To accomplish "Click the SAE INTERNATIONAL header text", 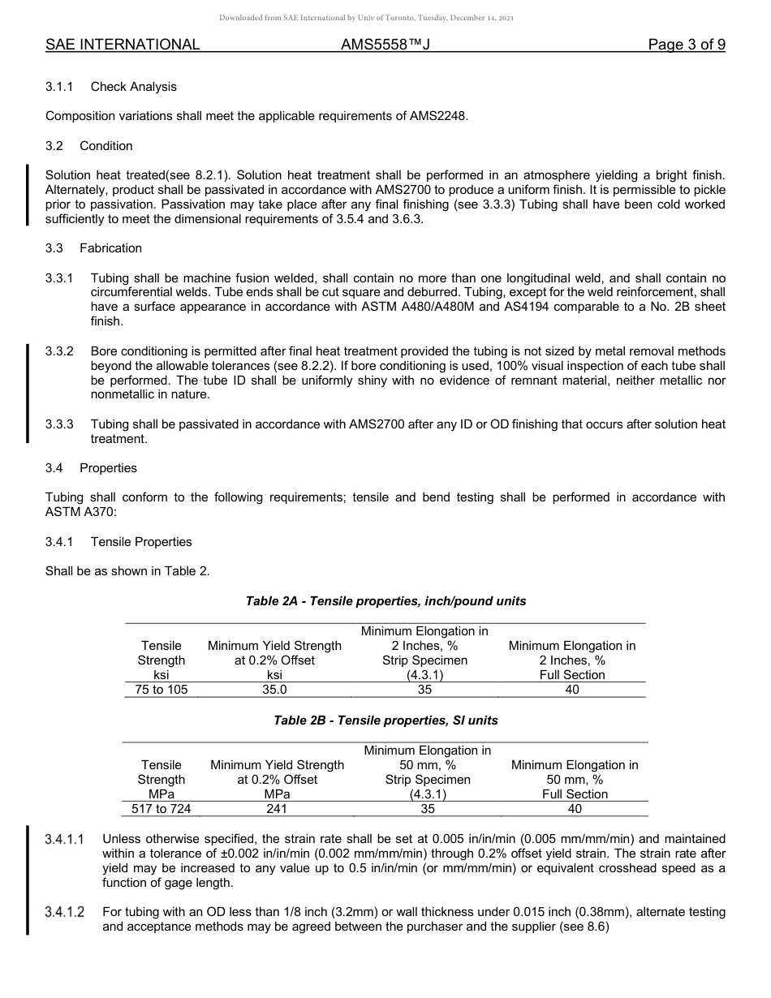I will coord(123,45).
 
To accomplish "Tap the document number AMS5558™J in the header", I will coord(385,45).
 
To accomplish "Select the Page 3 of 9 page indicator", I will coord(686,45).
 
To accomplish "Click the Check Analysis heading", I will coord(133,87).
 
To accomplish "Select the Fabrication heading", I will coord(110,248).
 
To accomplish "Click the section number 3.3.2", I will coord(59,351).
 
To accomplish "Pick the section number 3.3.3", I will coord(59,424).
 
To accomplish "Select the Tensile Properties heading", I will coord(141,542).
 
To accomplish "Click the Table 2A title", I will coord(385,601).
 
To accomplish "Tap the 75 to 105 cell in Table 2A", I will coord(161,690).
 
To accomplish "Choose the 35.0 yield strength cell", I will coord(274,690).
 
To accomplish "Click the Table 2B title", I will coord(385,721).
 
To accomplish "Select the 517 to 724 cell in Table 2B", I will coord(161,809).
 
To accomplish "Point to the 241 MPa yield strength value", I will coord(277,809).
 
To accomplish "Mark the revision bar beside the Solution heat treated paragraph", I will coord(28,194).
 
